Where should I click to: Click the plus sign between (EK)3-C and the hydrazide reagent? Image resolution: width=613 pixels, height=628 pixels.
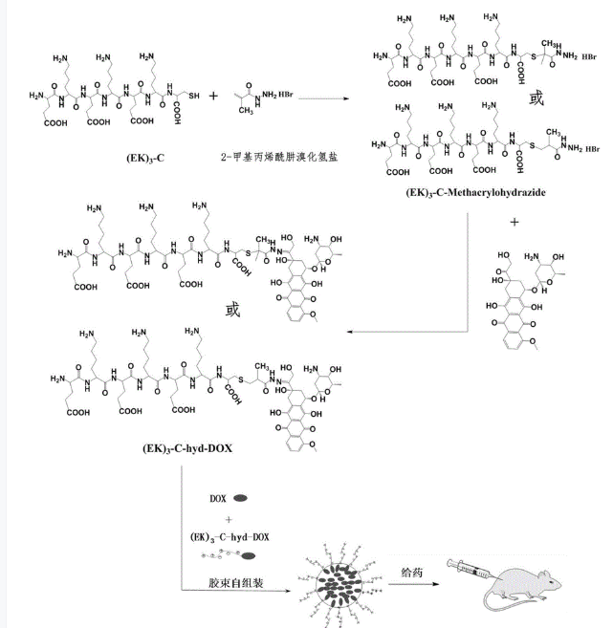pyautogui.click(x=212, y=97)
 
